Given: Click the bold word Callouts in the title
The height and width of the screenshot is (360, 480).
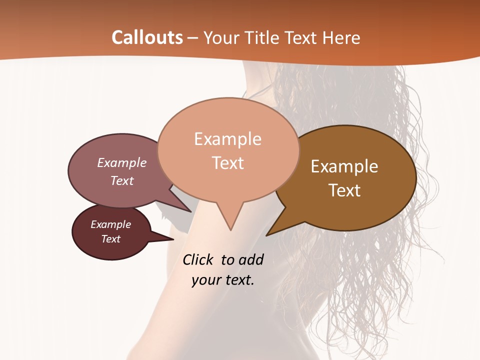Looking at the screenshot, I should [x=147, y=37].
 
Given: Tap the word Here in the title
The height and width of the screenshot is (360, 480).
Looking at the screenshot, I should [x=341, y=37].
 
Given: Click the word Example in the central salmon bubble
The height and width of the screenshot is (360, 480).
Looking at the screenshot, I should [x=227, y=139].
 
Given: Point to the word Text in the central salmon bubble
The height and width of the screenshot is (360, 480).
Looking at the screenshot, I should [x=227, y=163].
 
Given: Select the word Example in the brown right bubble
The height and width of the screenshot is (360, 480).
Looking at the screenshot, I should [x=344, y=166].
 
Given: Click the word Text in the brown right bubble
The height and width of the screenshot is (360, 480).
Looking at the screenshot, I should [x=344, y=190].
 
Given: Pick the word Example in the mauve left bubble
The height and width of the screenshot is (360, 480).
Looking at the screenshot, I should [x=121, y=162].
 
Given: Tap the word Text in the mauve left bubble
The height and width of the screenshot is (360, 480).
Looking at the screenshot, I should [x=121, y=180].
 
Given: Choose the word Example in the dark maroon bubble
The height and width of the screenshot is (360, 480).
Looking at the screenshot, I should [x=110, y=224].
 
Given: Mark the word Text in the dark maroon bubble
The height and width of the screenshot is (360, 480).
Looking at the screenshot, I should [x=110, y=239].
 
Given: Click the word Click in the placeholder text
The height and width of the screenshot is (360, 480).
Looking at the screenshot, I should [x=198, y=259].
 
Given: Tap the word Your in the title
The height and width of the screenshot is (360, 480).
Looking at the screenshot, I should [x=220, y=37].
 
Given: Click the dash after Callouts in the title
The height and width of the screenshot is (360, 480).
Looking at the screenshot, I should [x=193, y=37].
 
